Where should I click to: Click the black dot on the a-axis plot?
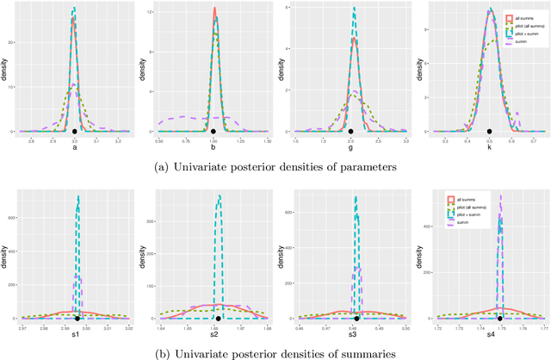75,131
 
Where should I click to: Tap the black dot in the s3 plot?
356,318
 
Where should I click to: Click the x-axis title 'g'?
352,148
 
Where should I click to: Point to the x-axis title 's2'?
214,336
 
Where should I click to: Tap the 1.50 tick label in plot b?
266,140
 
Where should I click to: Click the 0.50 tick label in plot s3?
405,328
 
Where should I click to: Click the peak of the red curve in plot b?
214,9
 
